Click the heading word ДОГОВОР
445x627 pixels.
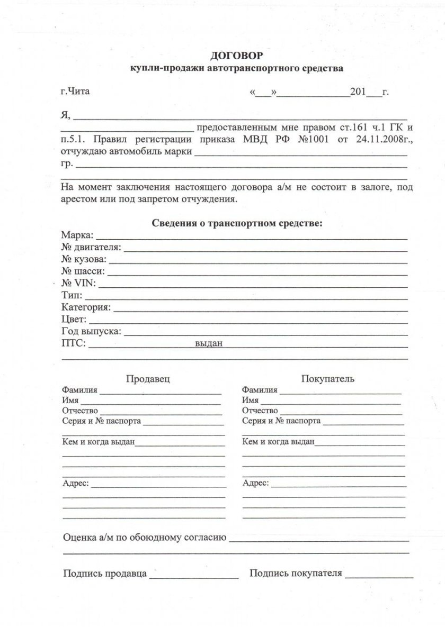tap(237, 55)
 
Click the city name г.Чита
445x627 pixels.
tap(75, 92)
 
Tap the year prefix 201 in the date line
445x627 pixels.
tap(358, 92)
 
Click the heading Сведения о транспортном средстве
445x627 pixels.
tap(237, 223)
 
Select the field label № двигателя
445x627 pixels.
tap(91, 247)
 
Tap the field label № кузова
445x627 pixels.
tap(84, 259)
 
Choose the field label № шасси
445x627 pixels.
tap(83, 271)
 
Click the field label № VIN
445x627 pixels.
tap(78, 284)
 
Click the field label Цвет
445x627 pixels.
tap(73, 320)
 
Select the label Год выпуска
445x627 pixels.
tap(91, 332)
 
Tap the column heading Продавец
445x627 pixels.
tap(148, 379)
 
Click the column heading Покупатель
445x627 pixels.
tap(328, 379)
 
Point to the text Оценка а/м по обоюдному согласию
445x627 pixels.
tap(145, 538)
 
